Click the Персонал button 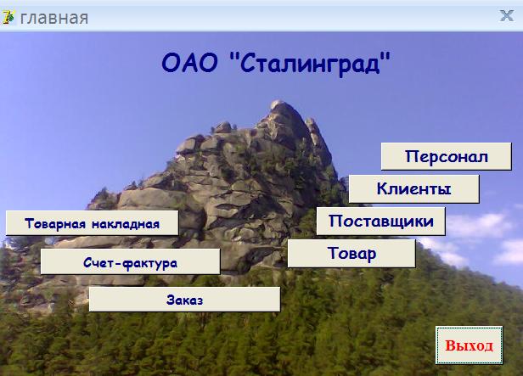[447, 156]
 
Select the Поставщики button [381, 221]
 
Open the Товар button [351, 253]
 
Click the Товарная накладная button [92, 223]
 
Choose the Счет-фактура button [131, 261]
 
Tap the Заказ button [184, 300]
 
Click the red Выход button [469, 345]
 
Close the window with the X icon [507, 15]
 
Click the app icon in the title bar [8, 17]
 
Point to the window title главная [54, 18]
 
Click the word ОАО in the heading [189, 63]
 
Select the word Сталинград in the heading [310, 64]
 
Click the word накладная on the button [126, 224]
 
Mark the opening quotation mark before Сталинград [233, 57]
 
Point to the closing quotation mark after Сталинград [385, 57]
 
